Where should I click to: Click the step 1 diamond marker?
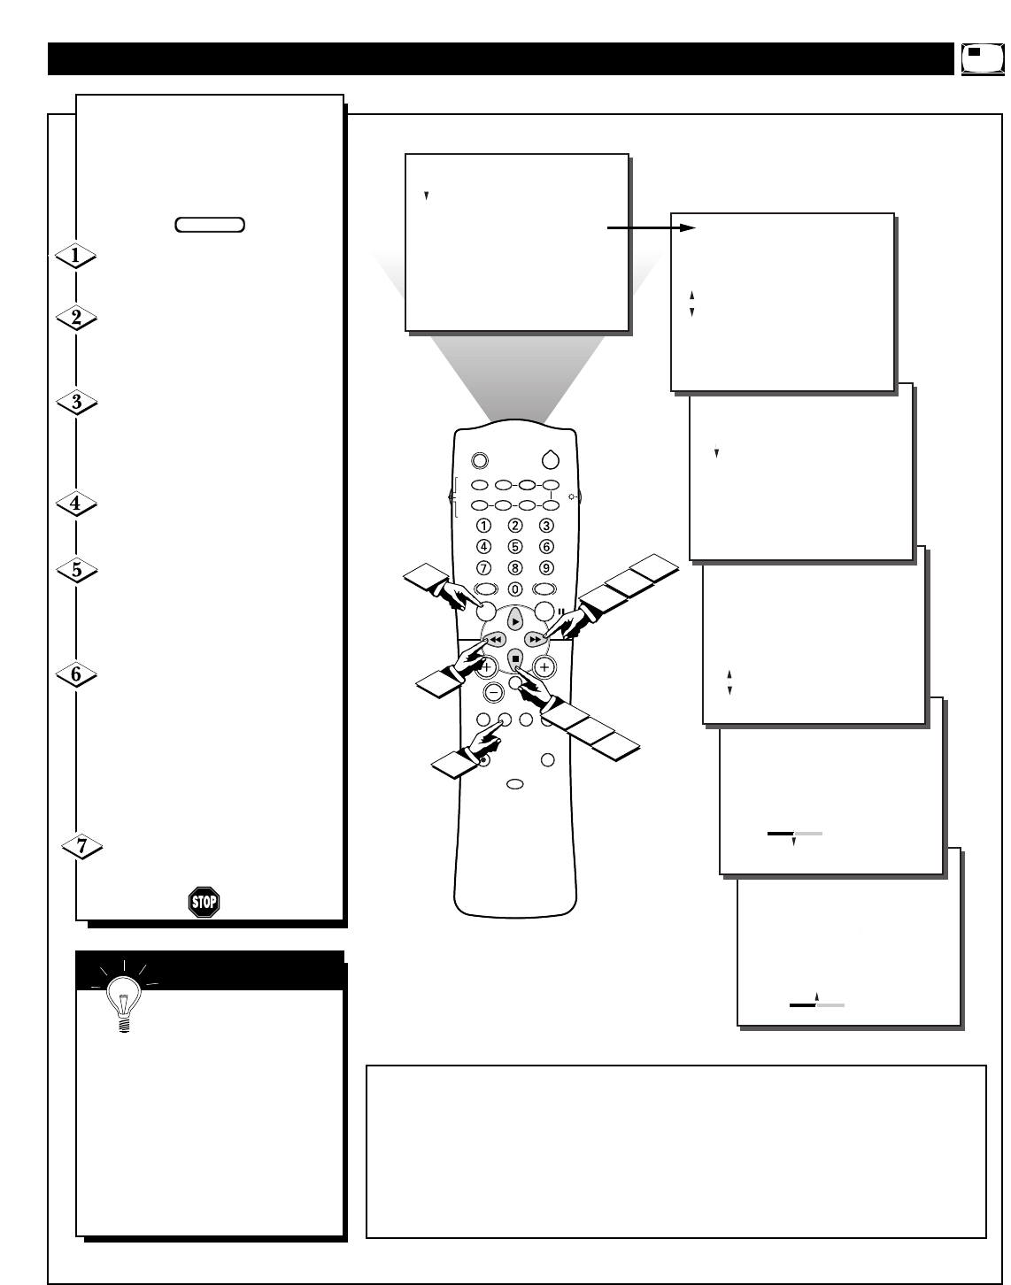[75, 256]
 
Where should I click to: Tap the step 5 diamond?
[76, 570]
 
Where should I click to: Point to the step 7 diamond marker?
[81, 846]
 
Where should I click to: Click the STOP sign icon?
[204, 902]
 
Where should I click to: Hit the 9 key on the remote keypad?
[546, 568]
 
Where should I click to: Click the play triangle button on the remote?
[515, 621]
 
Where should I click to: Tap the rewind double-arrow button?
[496, 639]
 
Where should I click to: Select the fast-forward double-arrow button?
[535, 639]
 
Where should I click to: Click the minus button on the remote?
[495, 692]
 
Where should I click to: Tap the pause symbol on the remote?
[561, 609]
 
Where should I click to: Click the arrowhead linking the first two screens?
[687, 228]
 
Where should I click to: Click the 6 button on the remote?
[546, 547]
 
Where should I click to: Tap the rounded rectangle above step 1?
[210, 224]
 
